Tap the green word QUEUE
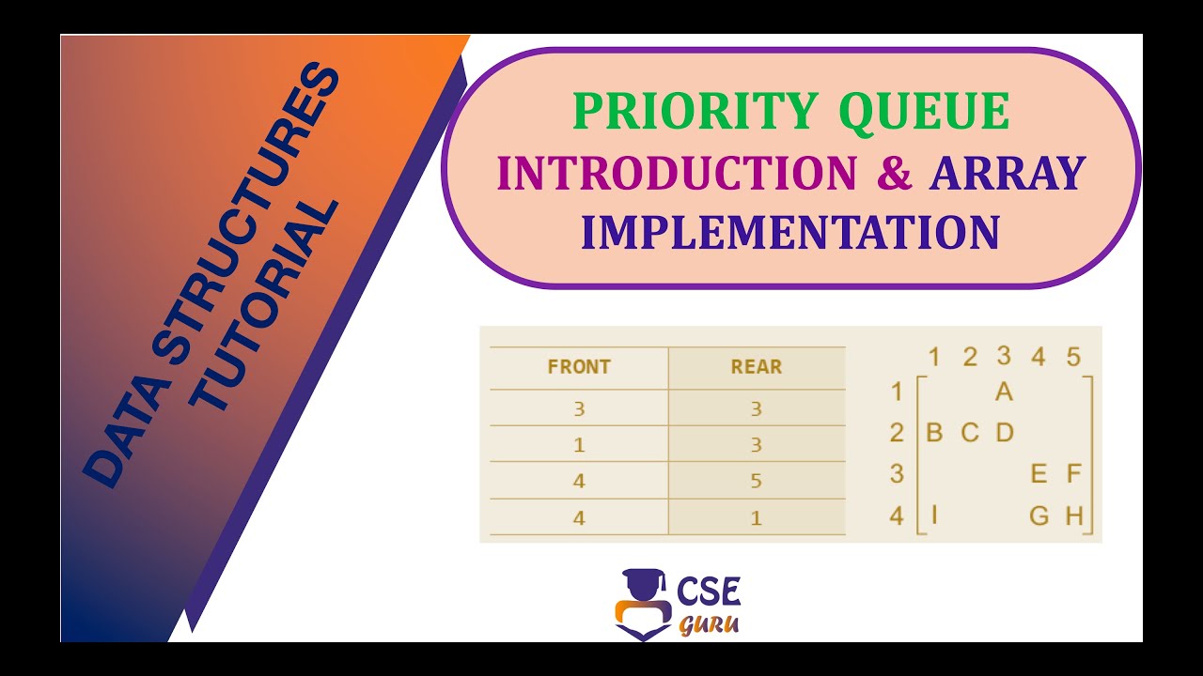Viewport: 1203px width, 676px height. click(924, 112)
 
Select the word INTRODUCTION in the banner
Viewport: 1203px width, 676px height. click(677, 173)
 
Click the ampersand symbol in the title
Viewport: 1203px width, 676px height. click(892, 173)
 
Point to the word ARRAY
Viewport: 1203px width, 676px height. click(1008, 173)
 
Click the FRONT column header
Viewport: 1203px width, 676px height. click(579, 367)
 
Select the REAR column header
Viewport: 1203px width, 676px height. click(757, 367)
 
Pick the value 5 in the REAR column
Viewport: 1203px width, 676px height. click(757, 481)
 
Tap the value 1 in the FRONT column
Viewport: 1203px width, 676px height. click(579, 445)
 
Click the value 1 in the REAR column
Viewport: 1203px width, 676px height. click(757, 517)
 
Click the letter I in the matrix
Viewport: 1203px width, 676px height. click(934, 515)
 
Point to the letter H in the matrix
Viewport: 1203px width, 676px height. click(1074, 515)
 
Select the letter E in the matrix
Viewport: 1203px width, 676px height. click(1039, 474)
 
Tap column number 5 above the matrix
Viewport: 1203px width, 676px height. click(1073, 357)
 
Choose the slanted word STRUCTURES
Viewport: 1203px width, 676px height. click(249, 197)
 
